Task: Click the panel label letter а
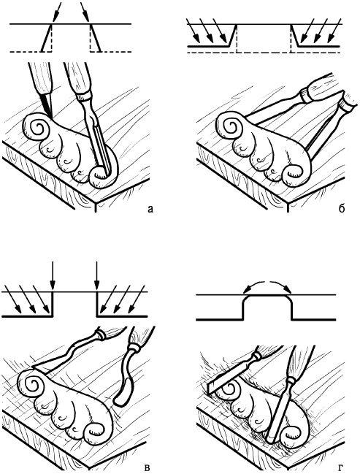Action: point(150,208)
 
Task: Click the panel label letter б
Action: point(342,207)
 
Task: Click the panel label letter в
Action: point(148,467)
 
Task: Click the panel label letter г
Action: point(341,467)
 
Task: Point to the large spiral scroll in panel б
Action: point(230,126)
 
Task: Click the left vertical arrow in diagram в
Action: point(53,275)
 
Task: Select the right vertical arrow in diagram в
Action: point(96,275)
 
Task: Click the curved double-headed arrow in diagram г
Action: point(267,281)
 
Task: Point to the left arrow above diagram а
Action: point(56,12)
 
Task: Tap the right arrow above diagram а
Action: point(85,12)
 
